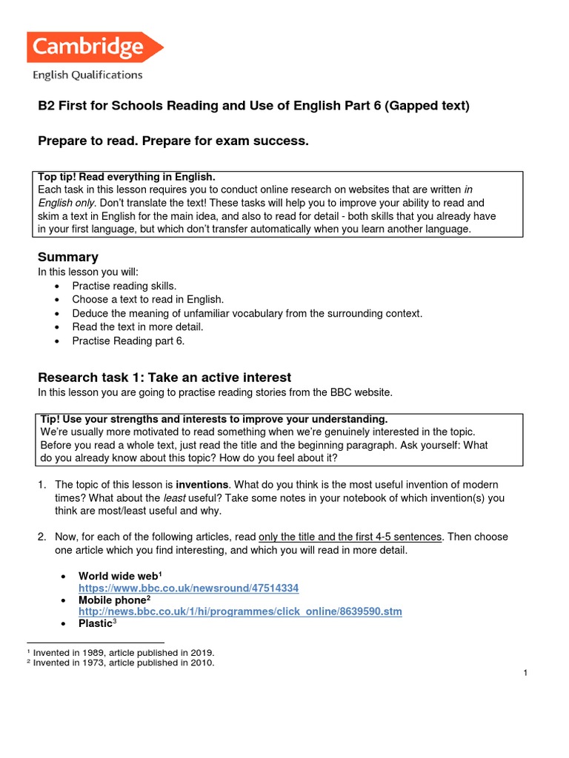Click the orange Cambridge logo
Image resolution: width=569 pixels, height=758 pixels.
click(x=94, y=47)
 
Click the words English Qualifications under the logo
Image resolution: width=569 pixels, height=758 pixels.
click(x=87, y=74)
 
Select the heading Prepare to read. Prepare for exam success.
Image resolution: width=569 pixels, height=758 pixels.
click(x=173, y=141)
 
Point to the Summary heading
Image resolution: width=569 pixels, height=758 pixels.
click(x=68, y=257)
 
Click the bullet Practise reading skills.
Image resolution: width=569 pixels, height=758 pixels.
click(x=124, y=286)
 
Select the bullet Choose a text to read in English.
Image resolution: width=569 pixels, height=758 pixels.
click(x=147, y=300)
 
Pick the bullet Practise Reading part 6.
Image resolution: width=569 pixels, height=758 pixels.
click(x=127, y=341)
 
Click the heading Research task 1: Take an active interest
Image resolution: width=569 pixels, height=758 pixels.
click(x=164, y=378)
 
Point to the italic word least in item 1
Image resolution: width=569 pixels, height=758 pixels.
click(x=195, y=498)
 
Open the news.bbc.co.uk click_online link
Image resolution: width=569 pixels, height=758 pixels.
click(x=240, y=613)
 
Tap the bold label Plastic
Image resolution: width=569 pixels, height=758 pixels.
click(x=96, y=624)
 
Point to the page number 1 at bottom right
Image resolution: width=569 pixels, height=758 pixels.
click(x=525, y=673)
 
